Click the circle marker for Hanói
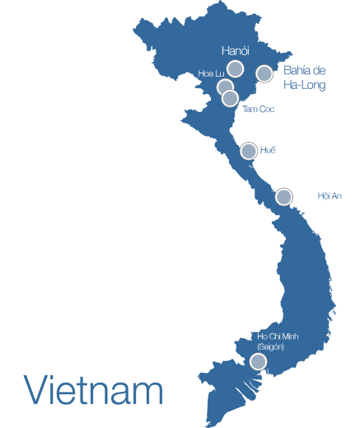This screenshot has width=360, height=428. coord(235,68)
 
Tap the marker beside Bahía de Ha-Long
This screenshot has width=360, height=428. coord(264,73)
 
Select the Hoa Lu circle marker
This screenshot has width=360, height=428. coord(225,87)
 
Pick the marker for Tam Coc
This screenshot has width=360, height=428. coord(231,98)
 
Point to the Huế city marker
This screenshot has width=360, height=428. coord(248,150)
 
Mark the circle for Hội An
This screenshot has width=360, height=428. coord(283,196)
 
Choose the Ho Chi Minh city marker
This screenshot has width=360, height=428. coord(257,361)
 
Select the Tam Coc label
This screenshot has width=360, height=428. coord(259,109)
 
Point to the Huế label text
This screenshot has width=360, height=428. coord(267,150)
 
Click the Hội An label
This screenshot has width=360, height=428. coord(329,196)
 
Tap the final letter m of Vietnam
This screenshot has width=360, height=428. coord(150,393)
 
